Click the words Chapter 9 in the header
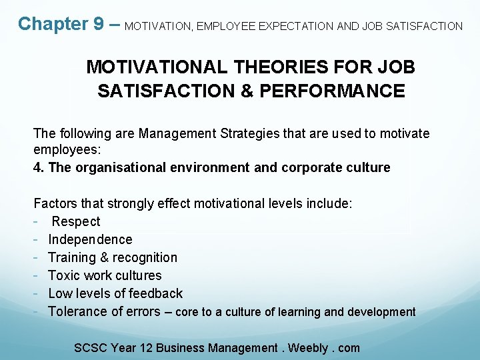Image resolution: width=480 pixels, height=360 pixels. coord(61,24)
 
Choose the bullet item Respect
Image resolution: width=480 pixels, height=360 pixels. coord(76,222)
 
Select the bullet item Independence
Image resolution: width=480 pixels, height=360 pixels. coord(90,240)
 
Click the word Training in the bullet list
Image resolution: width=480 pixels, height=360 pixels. coord(72,258)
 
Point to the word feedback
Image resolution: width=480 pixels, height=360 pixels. coord(155,294)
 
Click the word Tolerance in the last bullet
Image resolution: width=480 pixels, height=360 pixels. coord(79,312)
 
